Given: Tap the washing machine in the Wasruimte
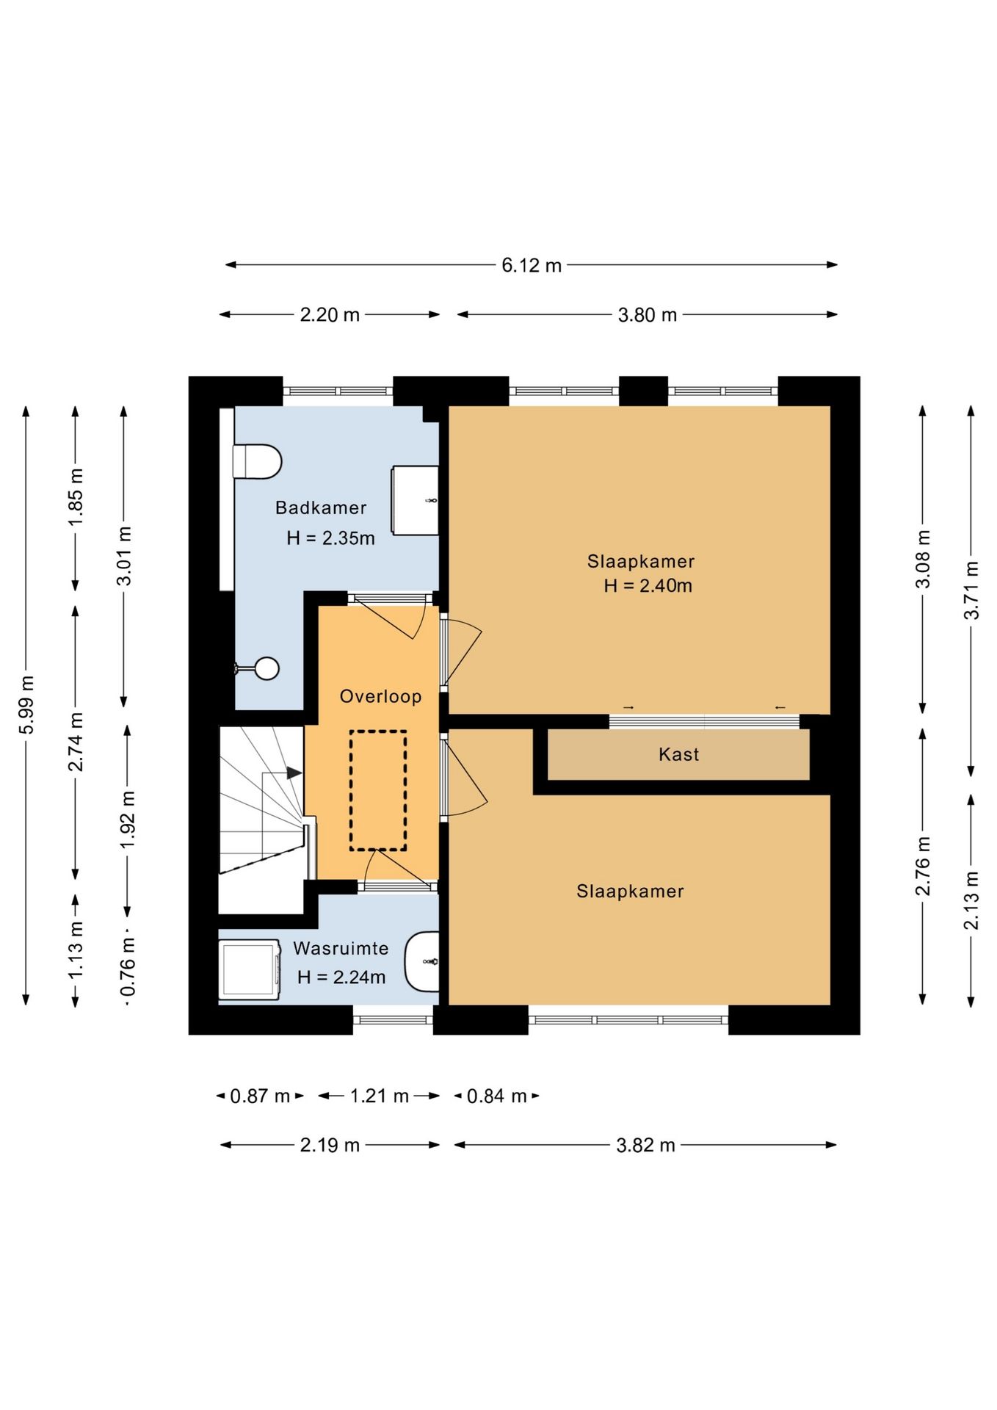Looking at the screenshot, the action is pyautogui.click(x=250, y=969).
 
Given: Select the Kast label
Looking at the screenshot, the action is pyautogui.click(x=678, y=754).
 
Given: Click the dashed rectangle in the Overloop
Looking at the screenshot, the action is pyautogui.click(x=378, y=790).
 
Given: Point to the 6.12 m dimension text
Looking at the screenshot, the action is pyautogui.click(x=532, y=265).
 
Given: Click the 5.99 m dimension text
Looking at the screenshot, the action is pyautogui.click(x=26, y=704).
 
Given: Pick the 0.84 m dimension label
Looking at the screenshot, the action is pyautogui.click(x=497, y=1096).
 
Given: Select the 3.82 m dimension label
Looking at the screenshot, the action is pyautogui.click(x=645, y=1145).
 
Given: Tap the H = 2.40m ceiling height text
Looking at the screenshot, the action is pyautogui.click(x=648, y=585).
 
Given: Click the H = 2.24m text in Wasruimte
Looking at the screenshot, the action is pyautogui.click(x=341, y=977).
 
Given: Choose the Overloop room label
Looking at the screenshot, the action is pyautogui.click(x=380, y=696).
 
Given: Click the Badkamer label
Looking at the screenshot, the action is pyautogui.click(x=321, y=507).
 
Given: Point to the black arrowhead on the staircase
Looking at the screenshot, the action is pyautogui.click(x=294, y=773).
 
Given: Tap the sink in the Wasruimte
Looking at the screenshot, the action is pyautogui.click(x=423, y=961).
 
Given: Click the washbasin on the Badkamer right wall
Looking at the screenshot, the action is pyautogui.click(x=416, y=500).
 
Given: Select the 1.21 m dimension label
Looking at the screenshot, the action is pyautogui.click(x=379, y=1096).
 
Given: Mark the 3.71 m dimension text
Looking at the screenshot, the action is pyautogui.click(x=971, y=590).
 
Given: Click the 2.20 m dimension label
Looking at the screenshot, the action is pyautogui.click(x=330, y=315).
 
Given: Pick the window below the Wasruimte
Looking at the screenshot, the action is pyautogui.click(x=394, y=1020).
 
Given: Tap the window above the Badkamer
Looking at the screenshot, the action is pyautogui.click(x=338, y=391).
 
